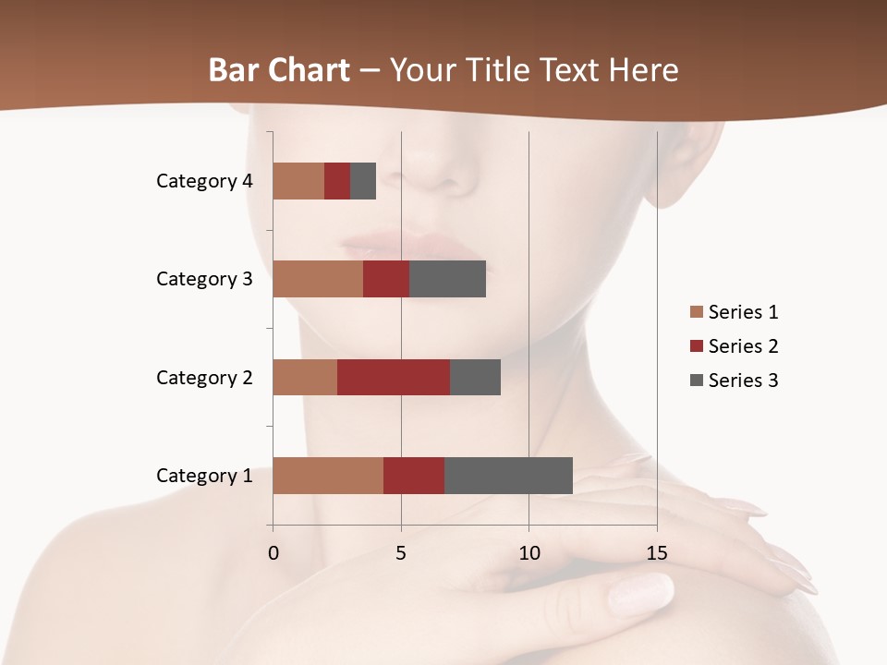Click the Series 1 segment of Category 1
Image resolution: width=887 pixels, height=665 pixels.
(x=328, y=475)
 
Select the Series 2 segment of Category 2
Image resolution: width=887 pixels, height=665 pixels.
(x=394, y=377)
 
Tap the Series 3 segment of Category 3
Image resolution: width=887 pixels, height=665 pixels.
(x=447, y=279)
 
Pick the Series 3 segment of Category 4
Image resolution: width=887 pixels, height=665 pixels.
(x=363, y=181)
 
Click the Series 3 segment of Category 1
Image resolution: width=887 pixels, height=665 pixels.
(x=508, y=475)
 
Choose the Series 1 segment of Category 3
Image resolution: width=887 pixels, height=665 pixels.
(x=318, y=279)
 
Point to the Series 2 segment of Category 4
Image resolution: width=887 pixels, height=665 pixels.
(x=337, y=181)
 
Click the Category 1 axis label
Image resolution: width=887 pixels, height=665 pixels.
(x=204, y=476)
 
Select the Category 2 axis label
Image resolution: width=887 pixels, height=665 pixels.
(x=204, y=377)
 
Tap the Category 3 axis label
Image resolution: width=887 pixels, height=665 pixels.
(x=204, y=279)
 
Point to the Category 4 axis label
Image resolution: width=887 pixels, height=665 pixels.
(x=204, y=181)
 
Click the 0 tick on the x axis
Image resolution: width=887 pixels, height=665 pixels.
(x=273, y=553)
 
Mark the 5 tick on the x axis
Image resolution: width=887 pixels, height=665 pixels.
(x=401, y=553)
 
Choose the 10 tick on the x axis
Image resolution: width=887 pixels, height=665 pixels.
(x=529, y=553)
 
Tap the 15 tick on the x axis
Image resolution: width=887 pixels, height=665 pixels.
(x=657, y=553)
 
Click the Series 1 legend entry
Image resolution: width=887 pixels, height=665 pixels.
(x=735, y=312)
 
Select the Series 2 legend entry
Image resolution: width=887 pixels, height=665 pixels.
(x=735, y=346)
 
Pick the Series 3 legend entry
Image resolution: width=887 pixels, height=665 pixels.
(x=735, y=381)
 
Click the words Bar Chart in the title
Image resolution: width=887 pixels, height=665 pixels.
(x=279, y=70)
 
